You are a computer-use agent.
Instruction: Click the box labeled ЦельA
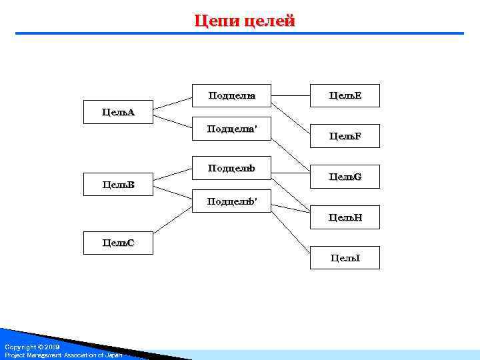click(x=118, y=112)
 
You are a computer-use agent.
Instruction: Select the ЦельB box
click(x=118, y=184)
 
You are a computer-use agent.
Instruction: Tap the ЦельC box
click(x=118, y=243)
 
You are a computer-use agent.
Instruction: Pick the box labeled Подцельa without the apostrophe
click(x=231, y=96)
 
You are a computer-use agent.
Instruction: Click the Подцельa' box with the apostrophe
click(x=231, y=129)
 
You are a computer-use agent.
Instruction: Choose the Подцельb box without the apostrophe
click(x=231, y=168)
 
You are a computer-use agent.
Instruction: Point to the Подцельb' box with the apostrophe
click(x=231, y=201)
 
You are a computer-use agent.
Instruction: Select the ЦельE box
click(x=345, y=96)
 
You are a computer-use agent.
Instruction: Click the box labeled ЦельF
click(x=345, y=136)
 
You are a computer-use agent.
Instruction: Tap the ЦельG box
click(x=345, y=177)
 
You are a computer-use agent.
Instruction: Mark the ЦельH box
click(x=345, y=217)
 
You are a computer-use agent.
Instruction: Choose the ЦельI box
click(x=345, y=257)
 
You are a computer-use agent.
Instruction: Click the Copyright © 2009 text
click(x=32, y=347)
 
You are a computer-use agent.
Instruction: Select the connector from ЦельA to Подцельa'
click(x=173, y=121)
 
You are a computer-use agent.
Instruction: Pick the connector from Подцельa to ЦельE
click(x=291, y=96)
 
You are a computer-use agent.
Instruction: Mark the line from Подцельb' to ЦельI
click(x=291, y=231)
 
